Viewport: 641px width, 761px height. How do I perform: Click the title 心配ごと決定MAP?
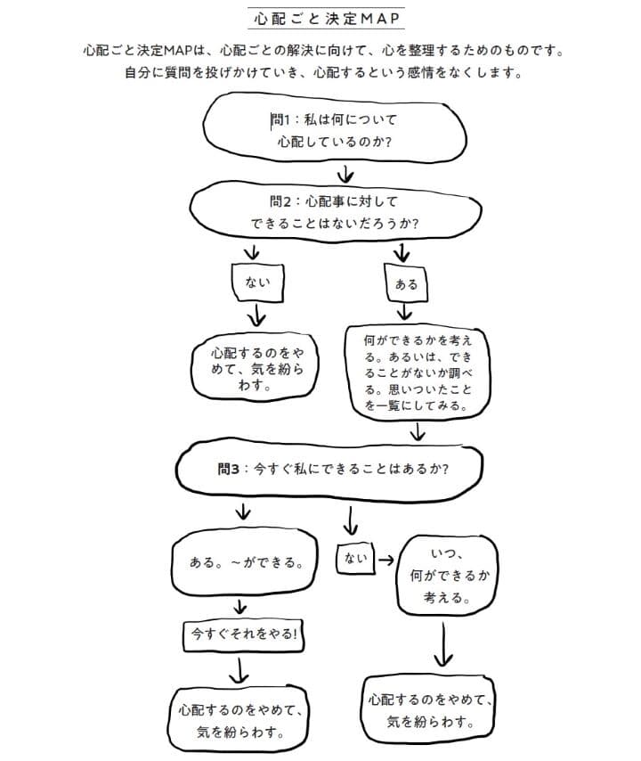coord(321,17)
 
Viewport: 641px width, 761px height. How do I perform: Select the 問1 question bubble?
coord(335,128)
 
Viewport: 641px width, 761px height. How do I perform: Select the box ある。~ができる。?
coord(243,563)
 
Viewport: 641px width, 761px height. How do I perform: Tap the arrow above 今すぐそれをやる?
coord(239,606)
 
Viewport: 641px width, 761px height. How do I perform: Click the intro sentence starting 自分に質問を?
coord(321,72)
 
